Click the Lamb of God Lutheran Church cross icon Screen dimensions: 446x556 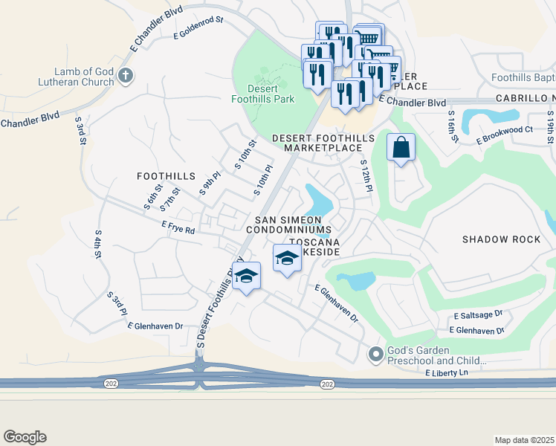point(126,74)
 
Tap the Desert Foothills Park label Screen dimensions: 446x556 point(265,93)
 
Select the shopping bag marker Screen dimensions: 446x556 point(400,147)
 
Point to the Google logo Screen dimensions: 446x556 point(25,437)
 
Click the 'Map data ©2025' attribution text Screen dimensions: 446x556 point(523,440)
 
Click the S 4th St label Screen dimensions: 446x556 point(97,243)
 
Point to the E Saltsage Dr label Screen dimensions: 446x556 point(478,316)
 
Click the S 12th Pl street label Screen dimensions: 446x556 point(366,176)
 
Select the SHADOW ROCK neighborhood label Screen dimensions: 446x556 point(501,239)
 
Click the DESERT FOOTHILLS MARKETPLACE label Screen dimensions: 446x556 point(326,143)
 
